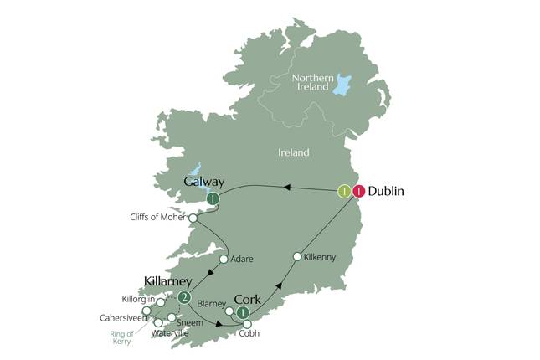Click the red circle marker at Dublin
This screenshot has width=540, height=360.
click(359, 191)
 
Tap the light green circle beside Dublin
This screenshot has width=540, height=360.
click(343, 191)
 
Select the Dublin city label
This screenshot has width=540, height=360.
click(387, 191)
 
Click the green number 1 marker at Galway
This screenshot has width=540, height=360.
click(213, 199)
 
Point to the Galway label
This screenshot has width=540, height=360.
click(204, 181)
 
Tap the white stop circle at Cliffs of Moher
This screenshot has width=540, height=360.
click(194, 218)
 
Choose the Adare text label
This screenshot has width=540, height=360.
click(242, 260)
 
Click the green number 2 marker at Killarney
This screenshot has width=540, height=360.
click(185, 297)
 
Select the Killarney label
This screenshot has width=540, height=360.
click(168, 280)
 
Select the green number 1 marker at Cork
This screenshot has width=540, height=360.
click(243, 314)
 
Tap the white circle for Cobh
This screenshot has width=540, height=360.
click(247, 324)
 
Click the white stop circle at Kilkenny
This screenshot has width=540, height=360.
click(296, 256)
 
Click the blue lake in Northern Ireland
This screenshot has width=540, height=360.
click(342, 82)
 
